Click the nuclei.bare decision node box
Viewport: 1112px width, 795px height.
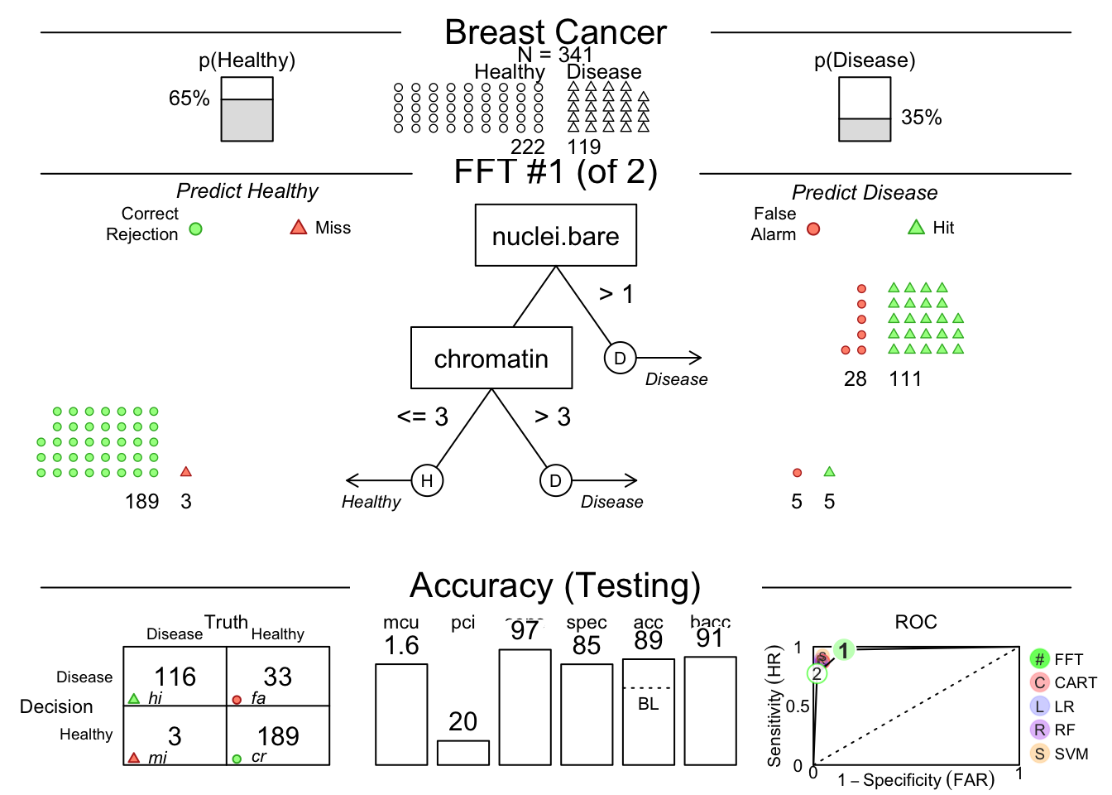click(555, 236)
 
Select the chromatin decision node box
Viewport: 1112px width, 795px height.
click(491, 358)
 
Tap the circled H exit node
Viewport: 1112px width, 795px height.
click(427, 480)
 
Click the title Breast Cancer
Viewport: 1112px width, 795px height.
click(555, 33)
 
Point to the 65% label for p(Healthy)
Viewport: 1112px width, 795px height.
click(189, 99)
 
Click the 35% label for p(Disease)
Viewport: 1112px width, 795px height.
click(922, 118)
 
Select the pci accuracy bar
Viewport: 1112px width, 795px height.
click(463, 752)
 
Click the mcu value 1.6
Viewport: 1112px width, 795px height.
click(401, 646)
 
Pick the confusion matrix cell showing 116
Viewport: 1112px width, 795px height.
click(175, 677)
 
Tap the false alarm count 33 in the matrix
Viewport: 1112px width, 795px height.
click(278, 677)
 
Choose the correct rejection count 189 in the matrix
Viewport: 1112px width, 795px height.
click(278, 736)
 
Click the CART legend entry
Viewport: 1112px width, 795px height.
click(1064, 683)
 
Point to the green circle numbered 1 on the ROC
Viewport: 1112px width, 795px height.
click(843, 650)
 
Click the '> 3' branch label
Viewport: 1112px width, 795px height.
click(553, 417)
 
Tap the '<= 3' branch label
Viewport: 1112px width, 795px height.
click(423, 417)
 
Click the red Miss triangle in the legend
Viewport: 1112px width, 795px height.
click(299, 227)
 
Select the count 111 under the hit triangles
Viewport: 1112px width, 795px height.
click(905, 379)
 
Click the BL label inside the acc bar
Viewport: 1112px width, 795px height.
click(649, 704)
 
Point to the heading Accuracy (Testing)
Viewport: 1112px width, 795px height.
click(555, 585)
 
